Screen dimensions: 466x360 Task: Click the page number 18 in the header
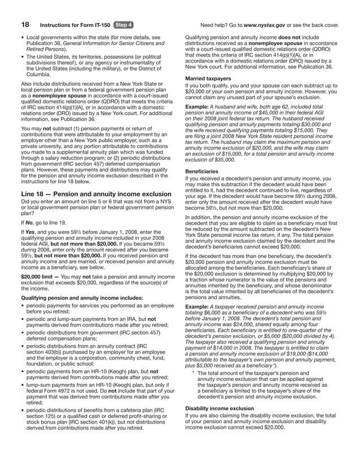(25, 25)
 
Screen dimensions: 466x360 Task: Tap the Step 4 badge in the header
(123, 25)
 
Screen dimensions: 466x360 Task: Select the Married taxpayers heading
(208, 78)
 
